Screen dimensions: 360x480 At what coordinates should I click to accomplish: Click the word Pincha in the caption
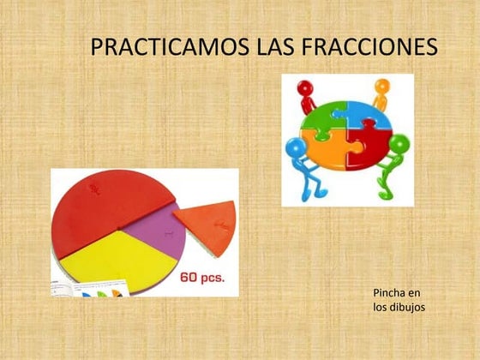tap(390, 293)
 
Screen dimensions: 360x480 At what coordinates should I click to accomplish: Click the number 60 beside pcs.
tap(191, 279)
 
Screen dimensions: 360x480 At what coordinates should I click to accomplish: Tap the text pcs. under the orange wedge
tap(220, 279)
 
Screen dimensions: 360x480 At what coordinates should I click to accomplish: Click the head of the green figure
tap(399, 142)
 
